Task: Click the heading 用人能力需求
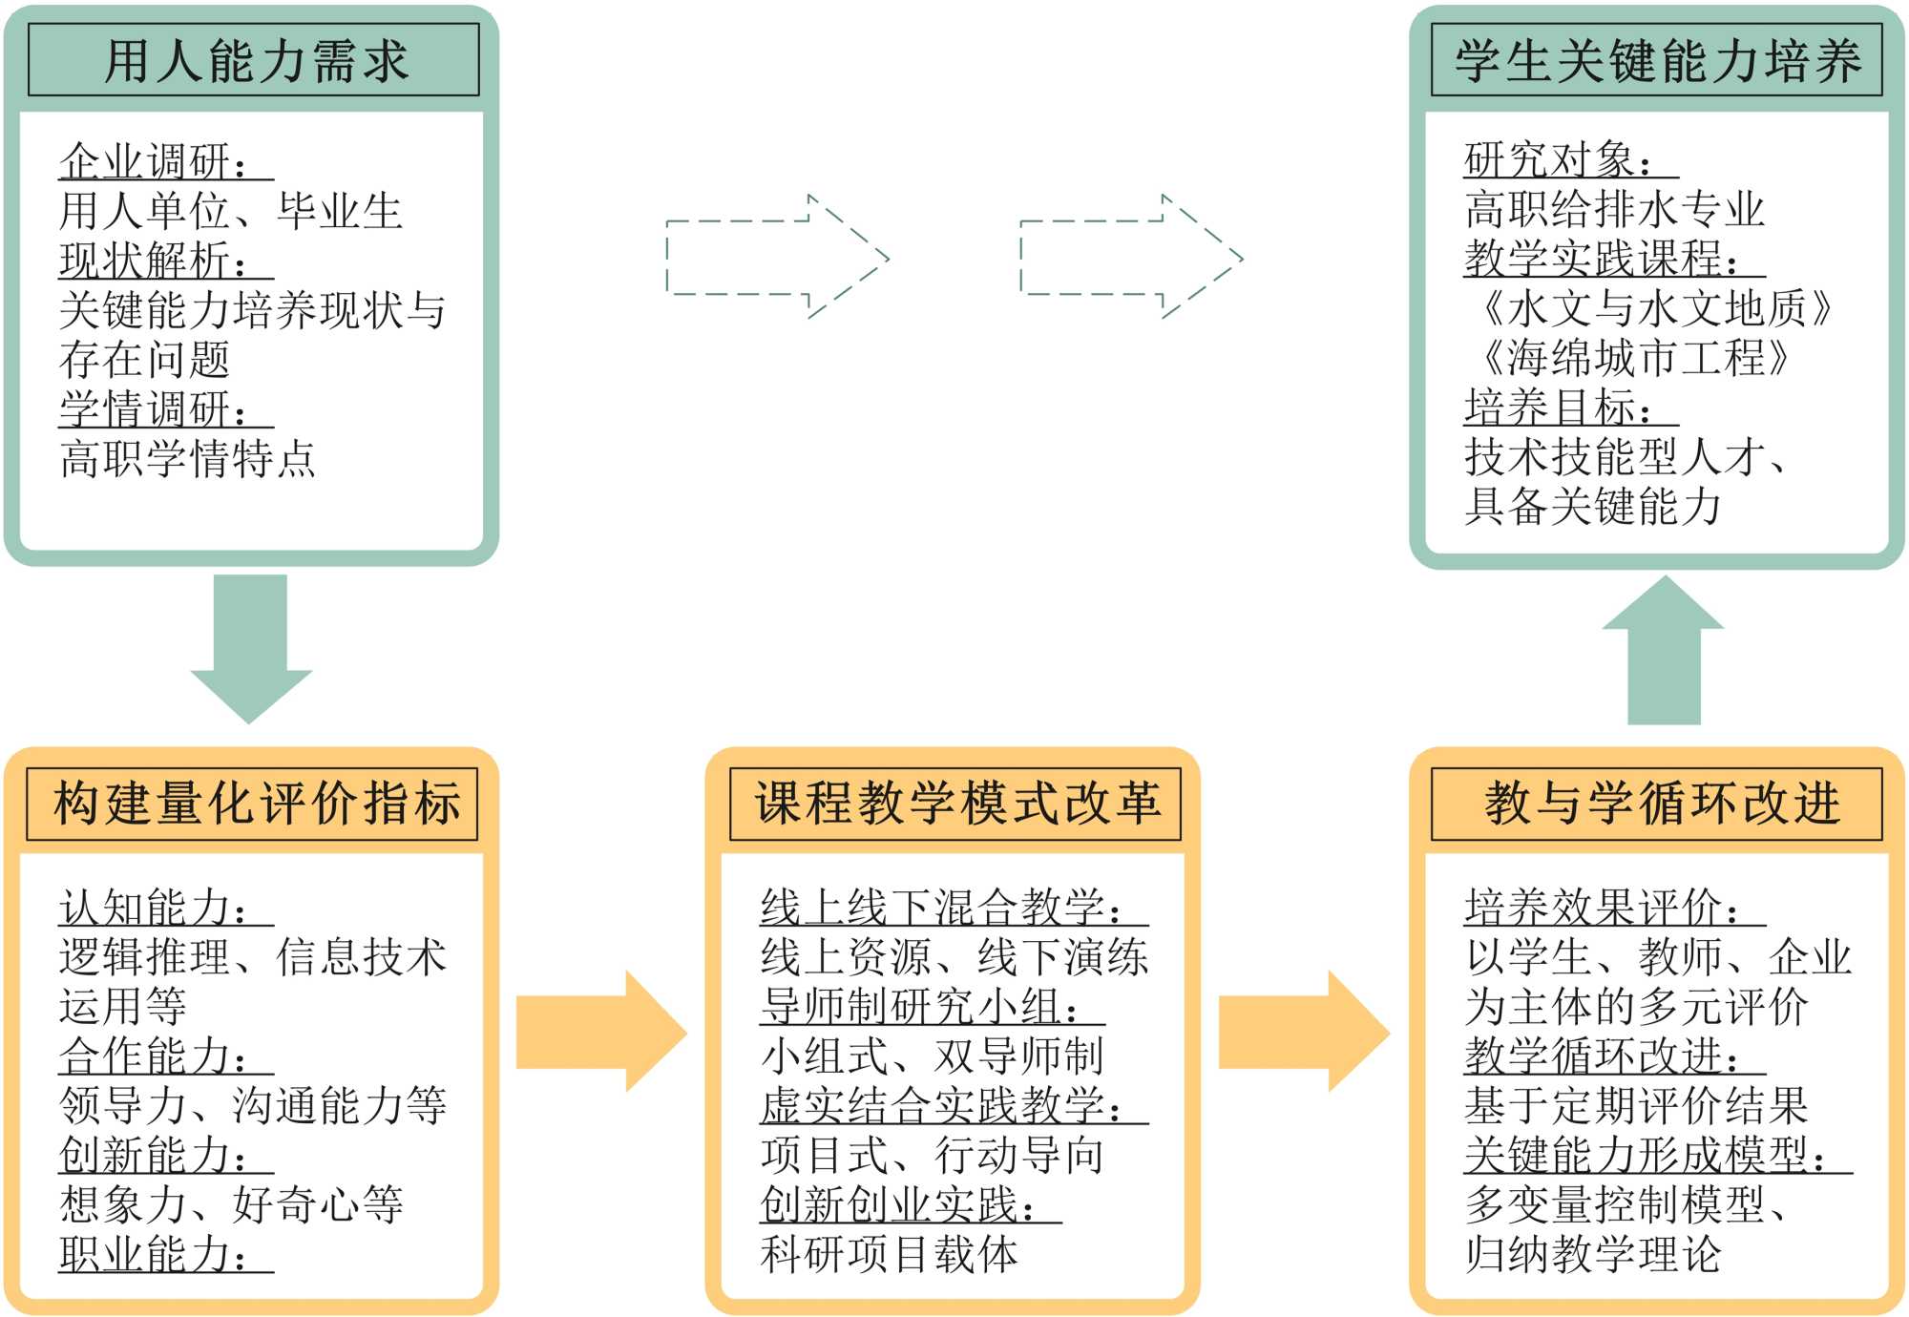pyautogui.click(x=254, y=61)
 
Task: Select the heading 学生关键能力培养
pyautogui.click(x=1656, y=61)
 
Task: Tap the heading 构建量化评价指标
pyautogui.click(x=254, y=803)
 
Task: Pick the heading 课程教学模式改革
pyautogui.click(x=954, y=803)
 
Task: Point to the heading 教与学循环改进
pyautogui.click(x=1656, y=803)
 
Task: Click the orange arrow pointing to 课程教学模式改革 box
pyautogui.click(x=599, y=1031)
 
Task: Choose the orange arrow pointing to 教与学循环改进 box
pyautogui.click(x=1302, y=1031)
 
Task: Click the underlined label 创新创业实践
pyautogui.click(x=897, y=1204)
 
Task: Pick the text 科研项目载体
pyautogui.click(x=890, y=1254)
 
